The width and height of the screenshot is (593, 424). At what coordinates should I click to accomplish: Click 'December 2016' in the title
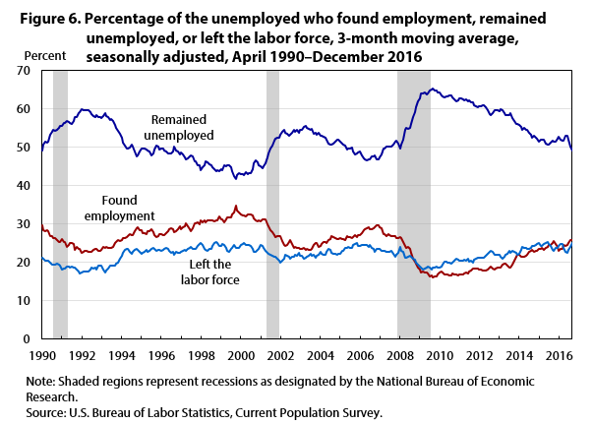pyautogui.click(x=370, y=57)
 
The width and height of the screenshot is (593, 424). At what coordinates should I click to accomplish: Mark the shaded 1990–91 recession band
pyautogui.click(x=60, y=197)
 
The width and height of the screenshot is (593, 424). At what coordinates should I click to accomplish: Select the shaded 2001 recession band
pyautogui.click(x=272, y=197)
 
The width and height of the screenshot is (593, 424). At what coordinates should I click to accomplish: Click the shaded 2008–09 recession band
pyautogui.click(x=414, y=197)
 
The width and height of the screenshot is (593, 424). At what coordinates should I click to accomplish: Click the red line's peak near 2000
pyautogui.click(x=235, y=206)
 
